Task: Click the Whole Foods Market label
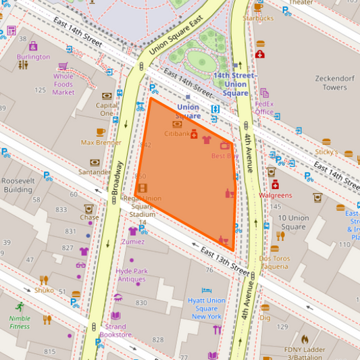63,84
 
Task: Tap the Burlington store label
33,57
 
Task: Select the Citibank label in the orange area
177,134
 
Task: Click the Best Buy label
224,156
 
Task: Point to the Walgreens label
276,195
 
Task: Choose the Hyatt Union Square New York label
206,308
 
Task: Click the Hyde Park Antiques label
131,275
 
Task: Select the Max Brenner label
101,143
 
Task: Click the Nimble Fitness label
20,322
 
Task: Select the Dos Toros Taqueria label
274,262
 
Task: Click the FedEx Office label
264,107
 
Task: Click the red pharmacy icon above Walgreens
276,184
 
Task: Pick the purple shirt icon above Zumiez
132,231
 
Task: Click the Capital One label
107,109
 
